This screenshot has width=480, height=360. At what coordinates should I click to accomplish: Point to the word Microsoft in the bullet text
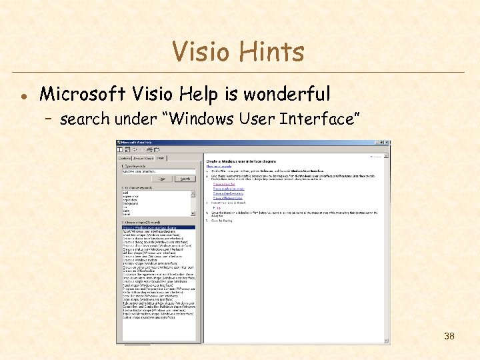coord(80,94)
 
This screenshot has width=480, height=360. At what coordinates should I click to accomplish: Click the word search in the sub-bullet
coord(84,119)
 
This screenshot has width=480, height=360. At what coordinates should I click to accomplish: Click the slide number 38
coord(449,336)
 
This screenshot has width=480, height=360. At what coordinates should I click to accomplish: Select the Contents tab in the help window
coord(124,158)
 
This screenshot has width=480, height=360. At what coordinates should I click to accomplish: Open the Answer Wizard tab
coord(144,158)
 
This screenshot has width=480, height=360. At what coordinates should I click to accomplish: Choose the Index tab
coord(161,158)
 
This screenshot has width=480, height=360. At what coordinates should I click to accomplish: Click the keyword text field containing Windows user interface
coord(157,171)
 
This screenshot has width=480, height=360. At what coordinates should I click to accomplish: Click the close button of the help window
coord(387,143)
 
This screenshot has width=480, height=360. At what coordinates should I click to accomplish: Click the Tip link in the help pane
coord(217,208)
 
